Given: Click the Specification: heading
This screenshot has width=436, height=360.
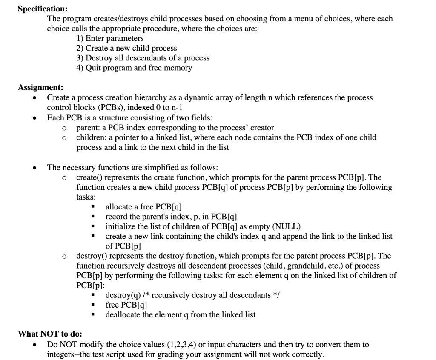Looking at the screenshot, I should click(42, 9).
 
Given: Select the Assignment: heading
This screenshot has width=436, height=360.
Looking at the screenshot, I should click(40, 88).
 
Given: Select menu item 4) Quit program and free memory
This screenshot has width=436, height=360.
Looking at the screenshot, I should click(134, 68).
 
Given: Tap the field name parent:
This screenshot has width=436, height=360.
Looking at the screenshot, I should click(88, 127).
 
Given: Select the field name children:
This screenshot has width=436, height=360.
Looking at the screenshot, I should click(91, 137).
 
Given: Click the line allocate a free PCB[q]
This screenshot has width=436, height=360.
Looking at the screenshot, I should click(143, 207).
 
